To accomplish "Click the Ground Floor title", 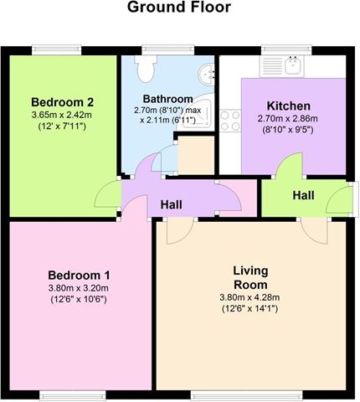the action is pos(179,8).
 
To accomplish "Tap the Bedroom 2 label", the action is pos(62,102).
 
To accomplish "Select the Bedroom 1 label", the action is pos(79,276).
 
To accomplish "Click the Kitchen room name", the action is pos(289,106).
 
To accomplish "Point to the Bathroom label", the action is pos(167,99).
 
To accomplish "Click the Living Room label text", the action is pos(250,278).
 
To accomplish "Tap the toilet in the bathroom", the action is pos(145,68).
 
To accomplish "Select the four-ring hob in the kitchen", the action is pos(230,121).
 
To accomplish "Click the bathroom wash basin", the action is pos(207,75).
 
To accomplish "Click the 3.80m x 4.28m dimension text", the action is pos(249,297).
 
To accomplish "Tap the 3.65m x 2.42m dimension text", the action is pos(62,115).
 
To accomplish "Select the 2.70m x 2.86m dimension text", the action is pos(287,119).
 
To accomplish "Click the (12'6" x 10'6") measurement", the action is pos(79,300).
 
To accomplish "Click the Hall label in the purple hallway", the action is pos(172,204).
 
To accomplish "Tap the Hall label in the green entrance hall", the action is pos(303,195).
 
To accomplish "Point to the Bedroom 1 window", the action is pos(73,395).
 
